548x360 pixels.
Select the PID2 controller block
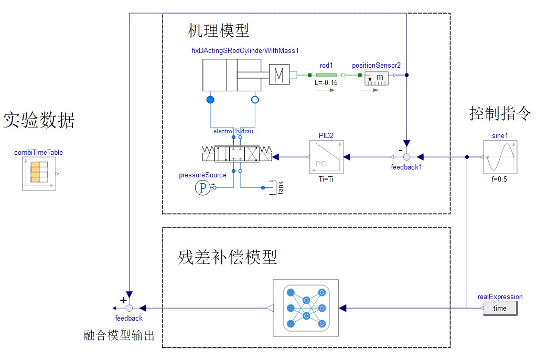point(326,156)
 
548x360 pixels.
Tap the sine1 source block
point(500,156)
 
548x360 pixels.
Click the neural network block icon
point(307,308)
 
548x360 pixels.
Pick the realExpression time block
point(500,308)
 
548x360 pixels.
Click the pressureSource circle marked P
point(202,187)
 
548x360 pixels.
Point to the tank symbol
point(273,187)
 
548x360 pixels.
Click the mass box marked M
point(280,75)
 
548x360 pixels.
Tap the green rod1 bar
point(327,75)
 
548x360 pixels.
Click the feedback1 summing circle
point(406,156)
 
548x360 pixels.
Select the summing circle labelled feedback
point(129,308)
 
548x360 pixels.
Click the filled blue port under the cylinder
point(210,99)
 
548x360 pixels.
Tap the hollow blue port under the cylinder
point(255,99)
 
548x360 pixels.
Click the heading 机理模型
point(219,30)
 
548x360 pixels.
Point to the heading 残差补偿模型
point(227,257)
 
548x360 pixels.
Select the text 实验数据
point(39,120)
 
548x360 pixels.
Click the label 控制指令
point(500,113)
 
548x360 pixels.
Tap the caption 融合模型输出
point(119,336)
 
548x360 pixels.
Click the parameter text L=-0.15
point(326,83)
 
